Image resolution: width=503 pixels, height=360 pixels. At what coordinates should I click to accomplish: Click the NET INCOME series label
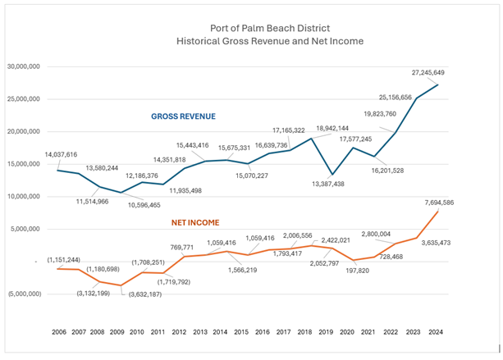200,221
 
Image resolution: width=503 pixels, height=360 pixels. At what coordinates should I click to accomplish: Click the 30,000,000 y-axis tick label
27,66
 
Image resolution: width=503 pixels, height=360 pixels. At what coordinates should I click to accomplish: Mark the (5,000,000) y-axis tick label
28,294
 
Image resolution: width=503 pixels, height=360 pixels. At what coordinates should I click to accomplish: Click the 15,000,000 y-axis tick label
27,164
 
